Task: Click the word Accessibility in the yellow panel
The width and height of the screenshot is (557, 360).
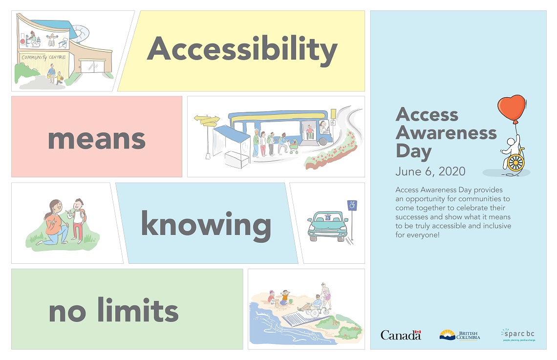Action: [x=242, y=50]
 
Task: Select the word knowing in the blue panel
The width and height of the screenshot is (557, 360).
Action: [x=206, y=225]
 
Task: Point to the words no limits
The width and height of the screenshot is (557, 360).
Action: [x=113, y=311]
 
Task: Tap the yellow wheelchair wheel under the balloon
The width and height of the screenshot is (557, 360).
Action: [x=515, y=162]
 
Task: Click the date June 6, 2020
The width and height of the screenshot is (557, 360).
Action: [x=430, y=171]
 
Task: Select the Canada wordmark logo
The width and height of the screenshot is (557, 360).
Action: [x=401, y=335]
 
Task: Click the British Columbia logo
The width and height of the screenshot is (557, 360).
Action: [x=460, y=335]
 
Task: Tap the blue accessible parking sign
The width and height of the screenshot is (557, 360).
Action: [x=352, y=205]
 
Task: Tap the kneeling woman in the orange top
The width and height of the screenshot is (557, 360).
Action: [x=55, y=222]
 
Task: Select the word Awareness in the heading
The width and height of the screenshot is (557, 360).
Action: [x=446, y=132]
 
